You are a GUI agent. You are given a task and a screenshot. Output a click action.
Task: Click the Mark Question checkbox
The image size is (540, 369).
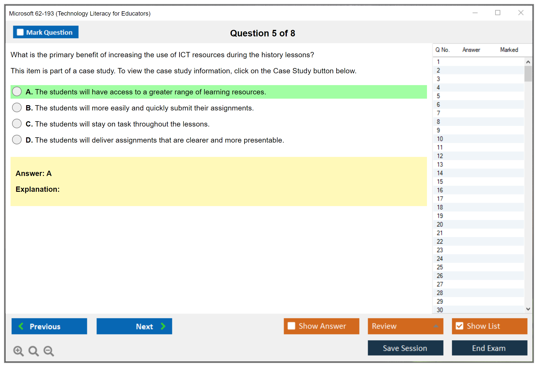click(20, 32)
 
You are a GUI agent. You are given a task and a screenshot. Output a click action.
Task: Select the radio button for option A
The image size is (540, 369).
click(17, 91)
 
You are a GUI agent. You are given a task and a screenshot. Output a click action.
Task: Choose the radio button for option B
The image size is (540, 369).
click(17, 107)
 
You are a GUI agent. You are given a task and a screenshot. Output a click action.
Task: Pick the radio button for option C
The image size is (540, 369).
click(17, 124)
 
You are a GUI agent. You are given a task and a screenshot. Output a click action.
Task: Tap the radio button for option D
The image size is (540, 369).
click(17, 140)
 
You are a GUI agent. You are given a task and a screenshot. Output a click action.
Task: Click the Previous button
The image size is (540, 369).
click(49, 326)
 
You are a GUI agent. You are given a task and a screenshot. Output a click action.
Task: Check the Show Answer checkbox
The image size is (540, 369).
click(291, 326)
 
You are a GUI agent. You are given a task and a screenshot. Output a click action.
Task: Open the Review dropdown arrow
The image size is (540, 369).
click(436, 326)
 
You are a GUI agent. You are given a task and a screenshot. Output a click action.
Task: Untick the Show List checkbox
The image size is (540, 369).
click(459, 326)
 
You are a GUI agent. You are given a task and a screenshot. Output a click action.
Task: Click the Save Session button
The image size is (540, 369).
click(405, 348)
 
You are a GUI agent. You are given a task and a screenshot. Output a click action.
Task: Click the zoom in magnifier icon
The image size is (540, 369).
click(19, 351)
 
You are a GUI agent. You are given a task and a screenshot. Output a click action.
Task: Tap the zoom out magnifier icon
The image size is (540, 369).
click(49, 351)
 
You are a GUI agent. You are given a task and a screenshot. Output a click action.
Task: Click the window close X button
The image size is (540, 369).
click(521, 13)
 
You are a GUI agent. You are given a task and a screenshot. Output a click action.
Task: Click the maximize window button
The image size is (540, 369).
click(498, 13)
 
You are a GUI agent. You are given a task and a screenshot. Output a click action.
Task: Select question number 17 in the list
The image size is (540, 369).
click(440, 199)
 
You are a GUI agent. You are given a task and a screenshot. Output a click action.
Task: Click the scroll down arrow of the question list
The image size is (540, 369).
click(528, 309)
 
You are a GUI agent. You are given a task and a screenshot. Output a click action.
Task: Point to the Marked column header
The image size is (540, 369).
click(509, 50)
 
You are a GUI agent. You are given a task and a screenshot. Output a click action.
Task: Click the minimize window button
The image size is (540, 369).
click(475, 13)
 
